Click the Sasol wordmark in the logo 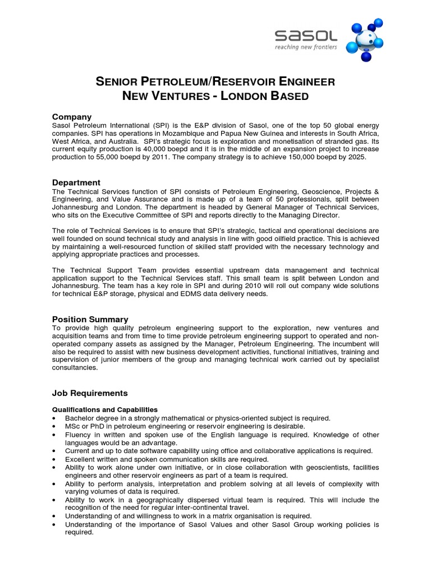pyautogui.click(x=306, y=36)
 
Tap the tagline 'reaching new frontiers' pyautogui.click(x=306, y=48)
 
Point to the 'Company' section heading pyautogui.click(x=72, y=117)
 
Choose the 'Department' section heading pyautogui.click(x=76, y=182)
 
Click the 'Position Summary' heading pyautogui.click(x=90, y=319)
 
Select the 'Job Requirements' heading pyautogui.click(x=90, y=393)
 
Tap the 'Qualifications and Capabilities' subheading pyautogui.click(x=105, y=409)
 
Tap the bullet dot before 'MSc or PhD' pyautogui.click(x=53, y=427)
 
